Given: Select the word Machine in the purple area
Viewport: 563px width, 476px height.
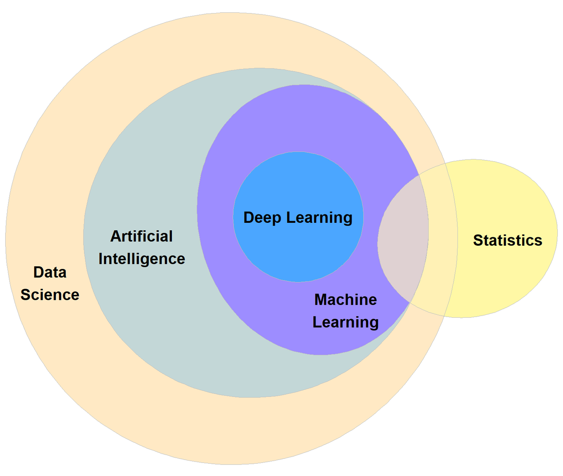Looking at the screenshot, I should pos(345,300).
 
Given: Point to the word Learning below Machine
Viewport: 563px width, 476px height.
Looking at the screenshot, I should pos(345,323).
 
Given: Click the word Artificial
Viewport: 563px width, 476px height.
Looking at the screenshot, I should pos(141,236).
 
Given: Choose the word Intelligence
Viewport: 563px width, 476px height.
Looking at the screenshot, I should pos(142,259).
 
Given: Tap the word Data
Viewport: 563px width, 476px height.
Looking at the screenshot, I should pos(50,273).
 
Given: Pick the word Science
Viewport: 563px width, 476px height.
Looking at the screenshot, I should pos(50,295).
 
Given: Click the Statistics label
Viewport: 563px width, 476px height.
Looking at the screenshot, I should pos(508,240).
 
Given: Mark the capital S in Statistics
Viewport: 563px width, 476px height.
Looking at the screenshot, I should pos(478,240).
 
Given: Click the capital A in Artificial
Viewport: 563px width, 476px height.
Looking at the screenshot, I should pos(115,236).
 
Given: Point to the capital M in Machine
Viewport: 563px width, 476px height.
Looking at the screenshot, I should pos(321,300).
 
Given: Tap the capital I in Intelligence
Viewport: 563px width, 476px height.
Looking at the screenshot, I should pos(101,259).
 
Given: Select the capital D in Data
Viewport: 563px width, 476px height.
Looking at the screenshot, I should pos(38,273).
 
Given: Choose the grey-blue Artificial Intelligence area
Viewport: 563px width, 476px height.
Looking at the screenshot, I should pos(145,316).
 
